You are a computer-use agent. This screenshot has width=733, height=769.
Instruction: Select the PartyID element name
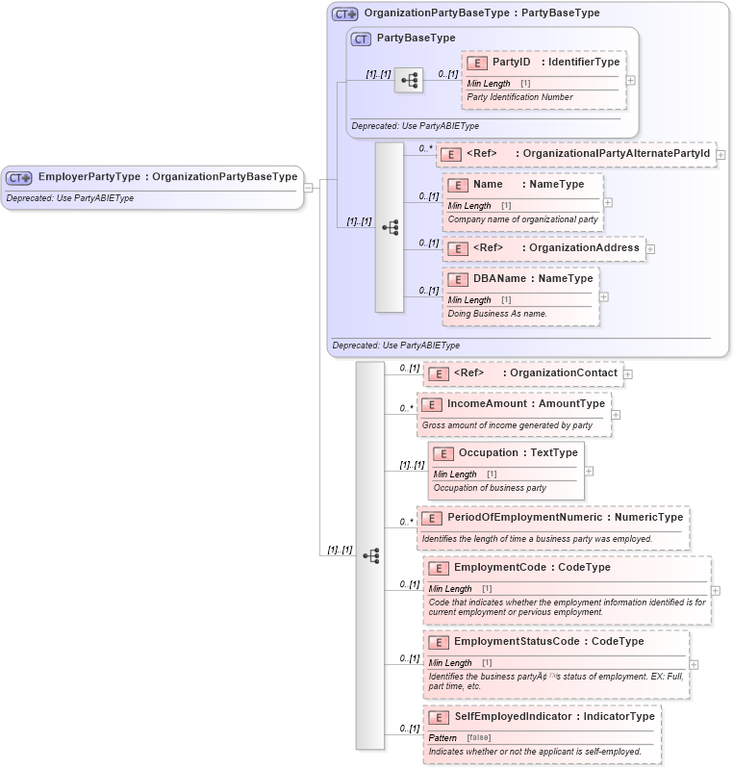click(x=512, y=63)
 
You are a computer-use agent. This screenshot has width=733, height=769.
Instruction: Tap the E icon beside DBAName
click(x=458, y=279)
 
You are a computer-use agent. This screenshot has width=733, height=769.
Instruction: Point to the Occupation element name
click(x=489, y=453)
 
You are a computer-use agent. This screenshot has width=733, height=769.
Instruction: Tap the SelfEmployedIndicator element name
click(x=518, y=716)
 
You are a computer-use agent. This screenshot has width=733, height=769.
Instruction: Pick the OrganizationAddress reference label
click(x=584, y=248)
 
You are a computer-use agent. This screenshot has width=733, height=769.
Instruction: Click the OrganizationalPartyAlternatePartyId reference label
click(x=612, y=154)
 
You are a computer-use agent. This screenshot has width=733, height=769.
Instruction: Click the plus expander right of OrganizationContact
click(x=627, y=373)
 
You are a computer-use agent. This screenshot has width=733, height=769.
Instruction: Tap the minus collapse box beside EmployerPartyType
click(x=308, y=188)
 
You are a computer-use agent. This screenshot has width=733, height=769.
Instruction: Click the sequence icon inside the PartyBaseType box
click(x=409, y=80)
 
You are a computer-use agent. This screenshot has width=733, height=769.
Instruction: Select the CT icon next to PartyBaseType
click(x=362, y=39)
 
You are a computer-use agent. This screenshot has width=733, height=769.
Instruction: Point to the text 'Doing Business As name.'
click(x=497, y=314)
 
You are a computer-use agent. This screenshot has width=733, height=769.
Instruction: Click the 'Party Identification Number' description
click(x=519, y=97)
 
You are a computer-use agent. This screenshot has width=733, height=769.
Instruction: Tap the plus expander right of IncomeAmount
click(x=616, y=415)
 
